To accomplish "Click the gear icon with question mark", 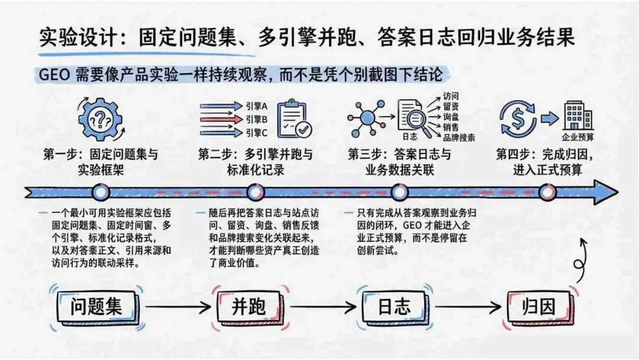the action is [100, 120].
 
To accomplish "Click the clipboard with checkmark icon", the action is [295, 118].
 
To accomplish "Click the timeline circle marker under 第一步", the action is [101, 192].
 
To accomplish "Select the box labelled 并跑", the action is [248, 307].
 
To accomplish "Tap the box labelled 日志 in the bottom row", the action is [394, 307].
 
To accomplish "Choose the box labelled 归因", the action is [539, 307].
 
